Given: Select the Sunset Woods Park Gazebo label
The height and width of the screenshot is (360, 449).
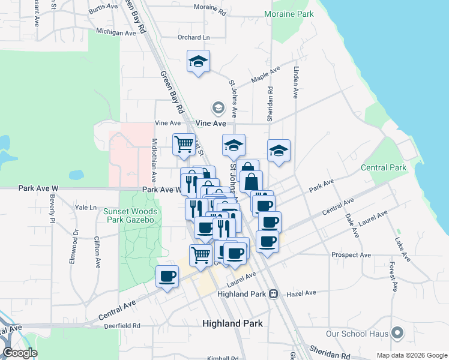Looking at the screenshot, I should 130,215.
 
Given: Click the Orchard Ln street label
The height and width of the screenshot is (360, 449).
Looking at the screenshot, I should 194,37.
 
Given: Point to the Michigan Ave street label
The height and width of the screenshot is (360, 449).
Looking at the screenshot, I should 116,32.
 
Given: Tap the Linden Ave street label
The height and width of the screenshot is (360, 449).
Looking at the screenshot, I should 296,82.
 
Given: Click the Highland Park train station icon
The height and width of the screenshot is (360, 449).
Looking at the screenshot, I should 273,294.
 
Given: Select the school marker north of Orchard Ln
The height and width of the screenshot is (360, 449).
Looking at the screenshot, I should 198,62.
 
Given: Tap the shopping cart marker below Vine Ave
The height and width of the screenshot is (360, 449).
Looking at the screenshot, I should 184,144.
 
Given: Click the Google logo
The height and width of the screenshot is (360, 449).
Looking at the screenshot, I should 20,352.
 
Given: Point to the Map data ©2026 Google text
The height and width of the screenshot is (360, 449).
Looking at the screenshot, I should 411,355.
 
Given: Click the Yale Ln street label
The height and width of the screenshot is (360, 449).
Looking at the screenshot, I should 85,208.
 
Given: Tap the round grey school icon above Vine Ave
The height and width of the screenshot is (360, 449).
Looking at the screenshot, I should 218,109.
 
